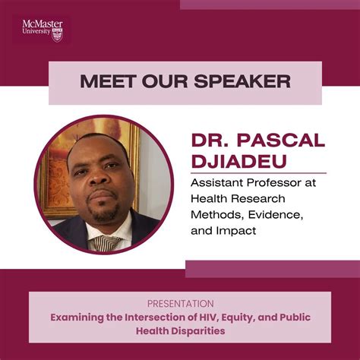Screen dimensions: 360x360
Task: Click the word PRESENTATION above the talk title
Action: [179, 303]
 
